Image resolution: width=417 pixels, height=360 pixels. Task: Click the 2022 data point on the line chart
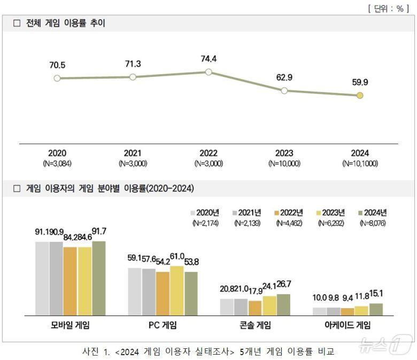pos(208,72)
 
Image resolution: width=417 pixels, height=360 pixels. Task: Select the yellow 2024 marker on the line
pos(360,96)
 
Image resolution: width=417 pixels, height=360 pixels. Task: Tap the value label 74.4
pos(208,59)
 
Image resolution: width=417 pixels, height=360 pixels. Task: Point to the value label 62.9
pos(284,77)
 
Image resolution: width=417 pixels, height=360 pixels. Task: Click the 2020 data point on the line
pos(57,78)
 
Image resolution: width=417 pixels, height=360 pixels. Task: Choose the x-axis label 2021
pos(133,153)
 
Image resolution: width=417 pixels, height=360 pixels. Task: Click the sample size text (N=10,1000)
pos(360,163)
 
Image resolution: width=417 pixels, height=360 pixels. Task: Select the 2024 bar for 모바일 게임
pos(98,278)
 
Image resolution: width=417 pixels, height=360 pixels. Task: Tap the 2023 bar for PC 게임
pos(176,290)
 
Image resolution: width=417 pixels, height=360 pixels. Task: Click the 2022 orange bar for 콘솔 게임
pos(255,308)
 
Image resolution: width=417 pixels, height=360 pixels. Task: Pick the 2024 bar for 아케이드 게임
pos(376,309)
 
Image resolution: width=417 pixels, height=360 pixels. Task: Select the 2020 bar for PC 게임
pos(135,291)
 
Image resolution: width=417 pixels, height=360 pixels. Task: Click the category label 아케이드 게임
pos(348,325)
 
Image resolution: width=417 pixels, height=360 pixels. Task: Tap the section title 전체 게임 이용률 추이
pos(66,23)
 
